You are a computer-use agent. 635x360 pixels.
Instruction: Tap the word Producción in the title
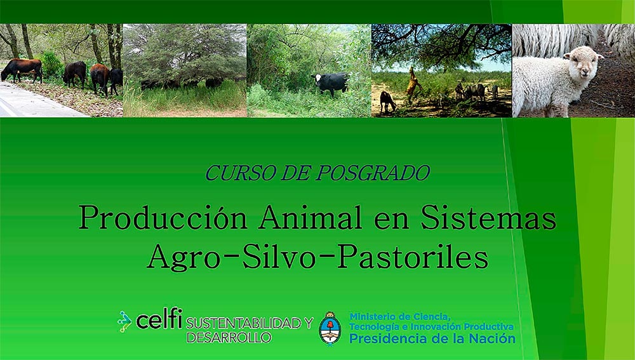(x=163, y=217)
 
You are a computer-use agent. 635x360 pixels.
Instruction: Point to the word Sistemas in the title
(x=488, y=217)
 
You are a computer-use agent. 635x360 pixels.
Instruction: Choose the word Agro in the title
(x=184, y=258)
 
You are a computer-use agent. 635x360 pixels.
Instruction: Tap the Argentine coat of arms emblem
(x=330, y=328)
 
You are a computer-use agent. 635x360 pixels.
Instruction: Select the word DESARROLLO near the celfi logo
(x=229, y=338)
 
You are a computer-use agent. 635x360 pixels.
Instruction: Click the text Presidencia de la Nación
(x=432, y=338)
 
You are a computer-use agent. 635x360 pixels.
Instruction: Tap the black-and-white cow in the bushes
(x=330, y=83)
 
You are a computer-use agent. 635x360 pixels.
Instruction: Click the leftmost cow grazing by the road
(x=22, y=70)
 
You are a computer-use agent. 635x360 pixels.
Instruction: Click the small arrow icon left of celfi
(x=125, y=321)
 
